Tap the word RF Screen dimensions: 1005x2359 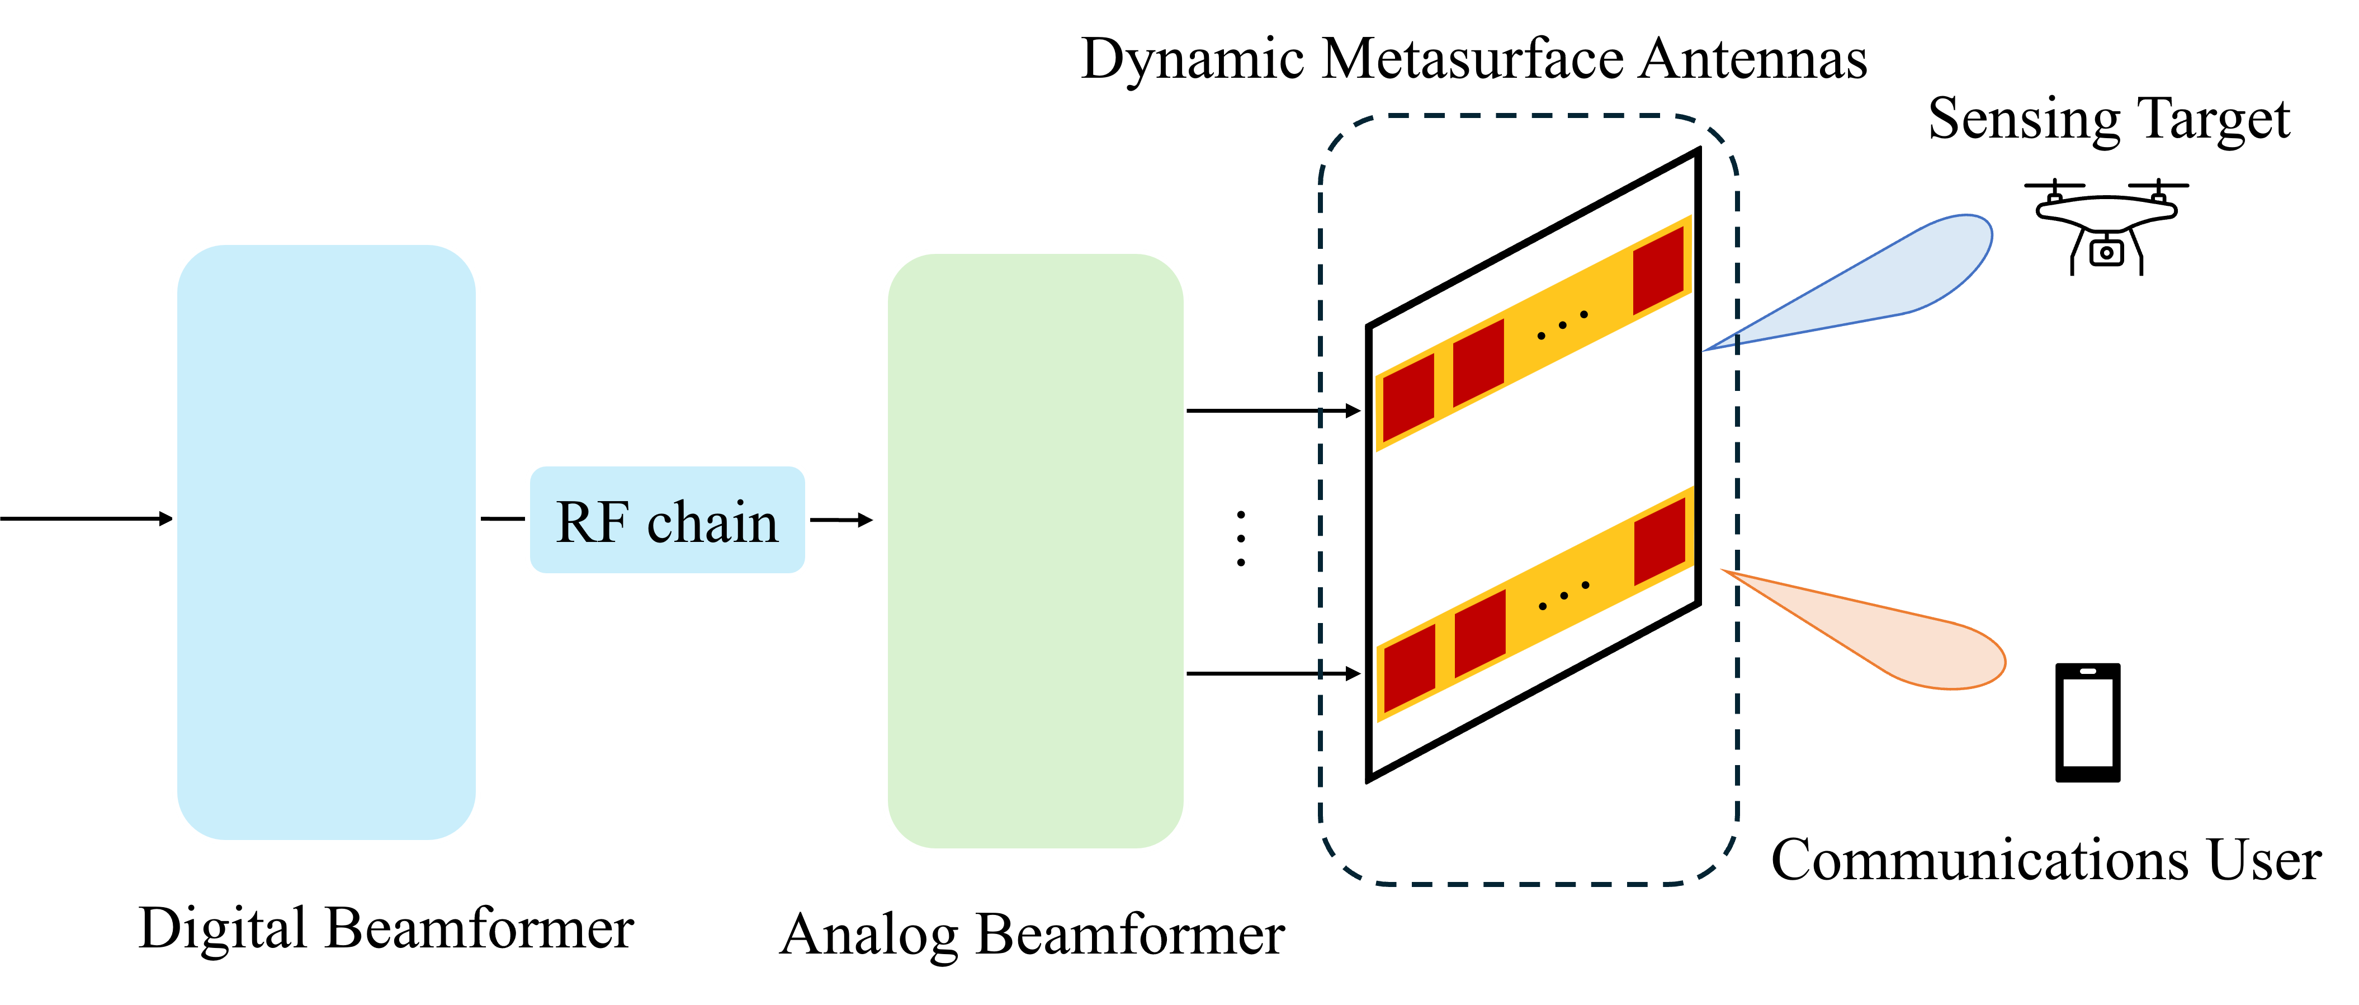click(x=593, y=523)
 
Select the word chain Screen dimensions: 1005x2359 click(x=712, y=523)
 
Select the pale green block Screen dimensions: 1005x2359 click(x=1035, y=551)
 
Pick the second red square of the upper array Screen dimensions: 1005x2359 click(x=1478, y=362)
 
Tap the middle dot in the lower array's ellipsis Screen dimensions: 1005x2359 click(x=1563, y=596)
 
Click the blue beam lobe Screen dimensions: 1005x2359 click(x=1905, y=275)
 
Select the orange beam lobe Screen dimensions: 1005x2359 click(x=1914, y=641)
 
